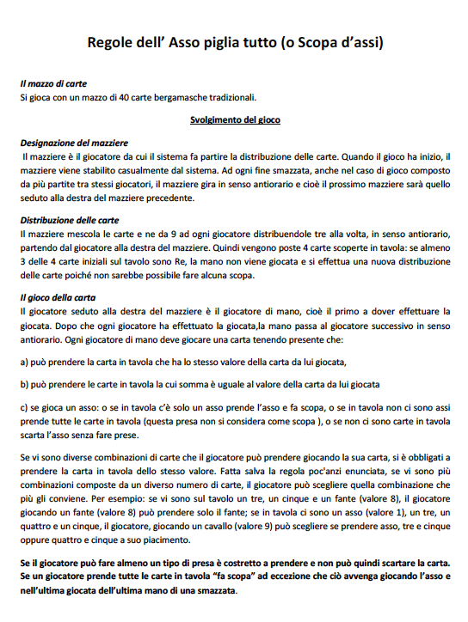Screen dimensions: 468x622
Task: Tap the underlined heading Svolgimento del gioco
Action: click(235, 119)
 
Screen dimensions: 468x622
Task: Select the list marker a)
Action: click(25, 361)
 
